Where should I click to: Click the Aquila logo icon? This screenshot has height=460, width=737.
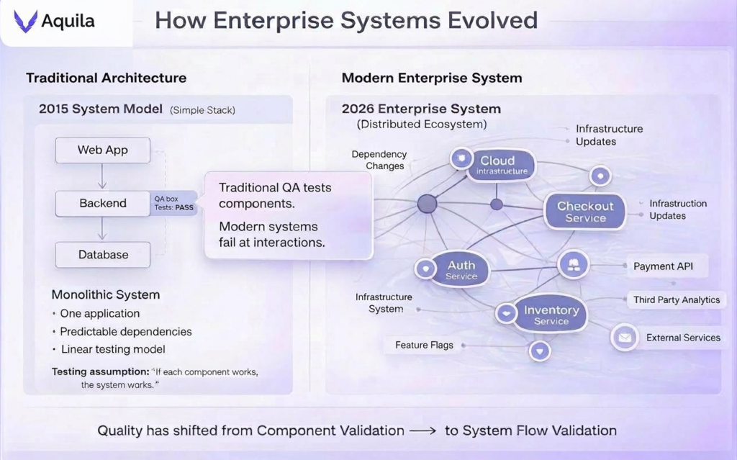point(26,22)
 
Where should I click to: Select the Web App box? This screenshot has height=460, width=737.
point(102,150)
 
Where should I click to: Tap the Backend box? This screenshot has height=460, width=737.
point(102,203)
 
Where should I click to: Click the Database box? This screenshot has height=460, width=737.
point(102,255)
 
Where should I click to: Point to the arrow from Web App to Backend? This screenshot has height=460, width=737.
point(102,176)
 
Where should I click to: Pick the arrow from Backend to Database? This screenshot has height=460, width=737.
point(102,229)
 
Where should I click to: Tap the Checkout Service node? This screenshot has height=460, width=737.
point(585,211)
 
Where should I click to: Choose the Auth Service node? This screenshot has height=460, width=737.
point(461,270)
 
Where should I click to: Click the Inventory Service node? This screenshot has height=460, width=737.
point(551,315)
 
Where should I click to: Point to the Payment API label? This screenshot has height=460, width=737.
point(663,266)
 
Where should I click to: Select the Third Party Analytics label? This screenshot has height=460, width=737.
point(676,299)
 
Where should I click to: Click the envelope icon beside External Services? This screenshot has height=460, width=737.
point(625,337)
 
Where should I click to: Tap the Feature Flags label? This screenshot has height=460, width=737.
point(424,345)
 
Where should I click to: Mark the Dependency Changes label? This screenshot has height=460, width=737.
point(379,160)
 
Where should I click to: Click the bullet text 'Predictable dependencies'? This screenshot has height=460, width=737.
point(125,332)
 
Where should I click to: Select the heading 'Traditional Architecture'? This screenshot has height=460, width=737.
point(106,78)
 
